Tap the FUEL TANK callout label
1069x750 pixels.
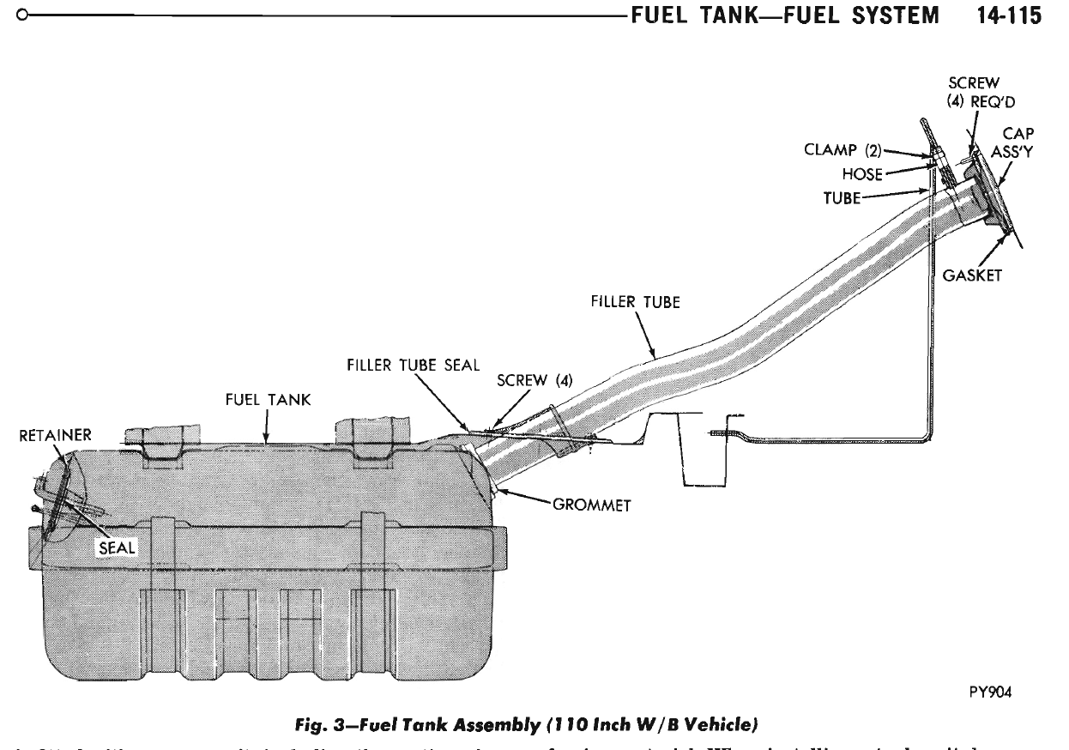tap(268, 400)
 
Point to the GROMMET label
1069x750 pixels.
tap(592, 505)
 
